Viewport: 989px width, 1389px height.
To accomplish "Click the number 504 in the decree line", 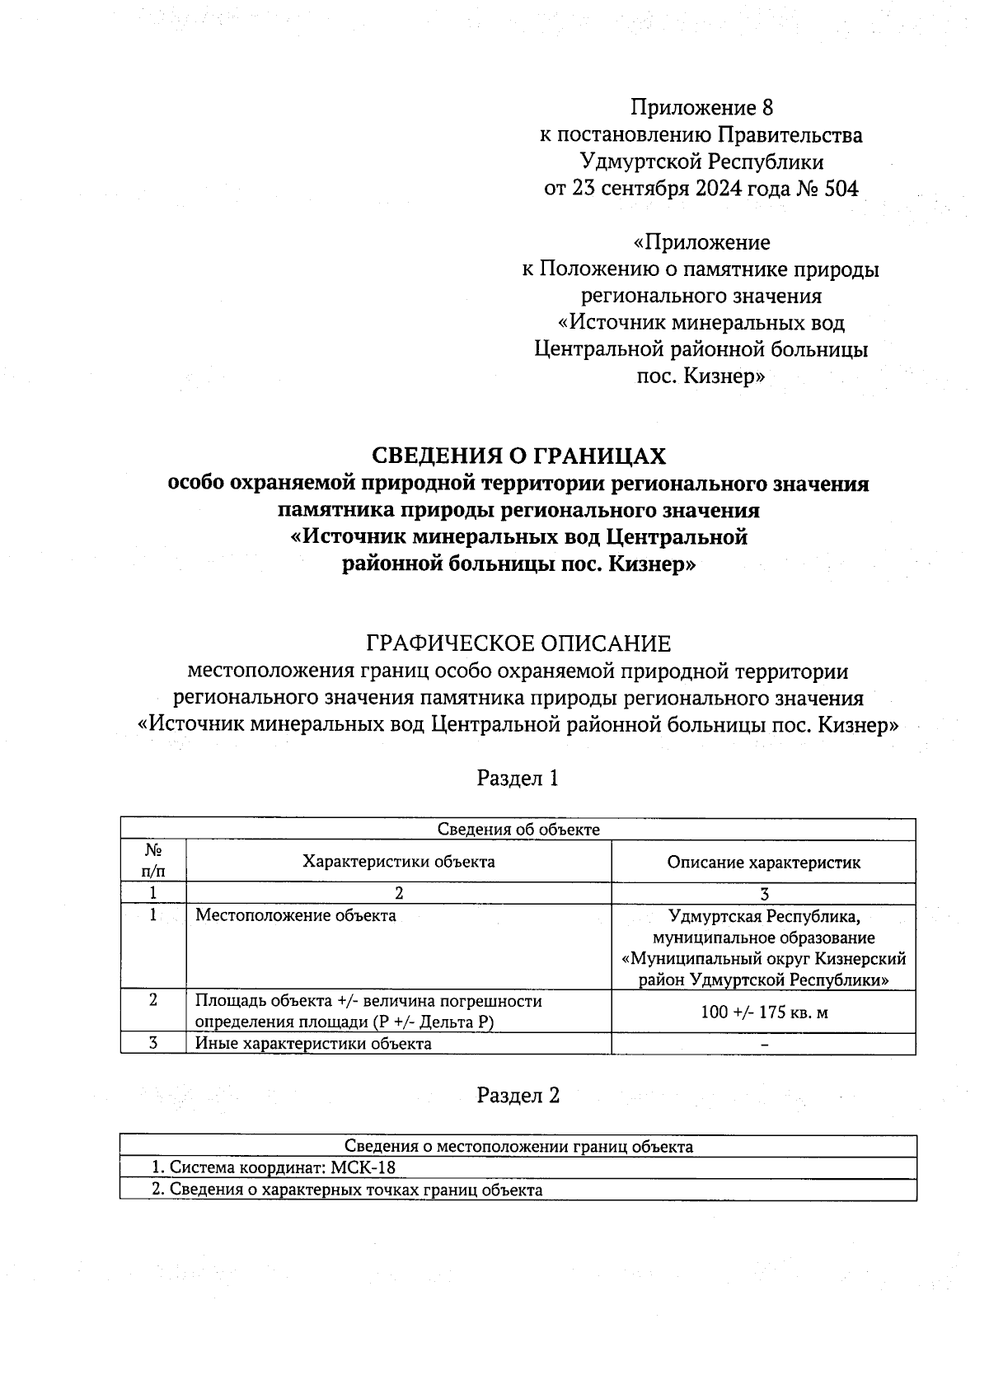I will click(841, 189).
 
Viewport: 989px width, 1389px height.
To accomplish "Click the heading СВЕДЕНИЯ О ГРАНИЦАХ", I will click(518, 456).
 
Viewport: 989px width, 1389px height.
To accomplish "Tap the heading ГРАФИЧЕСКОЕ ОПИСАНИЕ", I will click(518, 643).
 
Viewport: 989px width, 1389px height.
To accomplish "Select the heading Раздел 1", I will click(518, 778).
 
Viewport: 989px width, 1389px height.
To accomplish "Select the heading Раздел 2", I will click(518, 1095).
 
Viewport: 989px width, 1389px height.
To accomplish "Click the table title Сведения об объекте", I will click(518, 830).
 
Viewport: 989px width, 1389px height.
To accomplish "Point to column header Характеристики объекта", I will click(399, 862).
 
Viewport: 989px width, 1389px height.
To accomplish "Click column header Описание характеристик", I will click(764, 863).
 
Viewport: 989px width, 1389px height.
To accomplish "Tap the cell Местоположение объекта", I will click(296, 915).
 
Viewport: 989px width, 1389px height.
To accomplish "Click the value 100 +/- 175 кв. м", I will click(764, 1012).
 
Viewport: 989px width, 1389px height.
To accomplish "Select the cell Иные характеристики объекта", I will click(313, 1044).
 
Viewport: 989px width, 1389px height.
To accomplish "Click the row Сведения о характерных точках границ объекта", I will click(347, 1190).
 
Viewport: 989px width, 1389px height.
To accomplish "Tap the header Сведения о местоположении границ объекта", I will click(518, 1147).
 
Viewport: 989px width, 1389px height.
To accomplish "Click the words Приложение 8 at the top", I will click(702, 108).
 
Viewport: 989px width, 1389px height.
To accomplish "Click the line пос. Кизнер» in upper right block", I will click(702, 377).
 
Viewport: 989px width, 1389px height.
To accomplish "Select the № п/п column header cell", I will click(153, 861).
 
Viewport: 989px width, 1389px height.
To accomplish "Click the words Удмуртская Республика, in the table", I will click(764, 916).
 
